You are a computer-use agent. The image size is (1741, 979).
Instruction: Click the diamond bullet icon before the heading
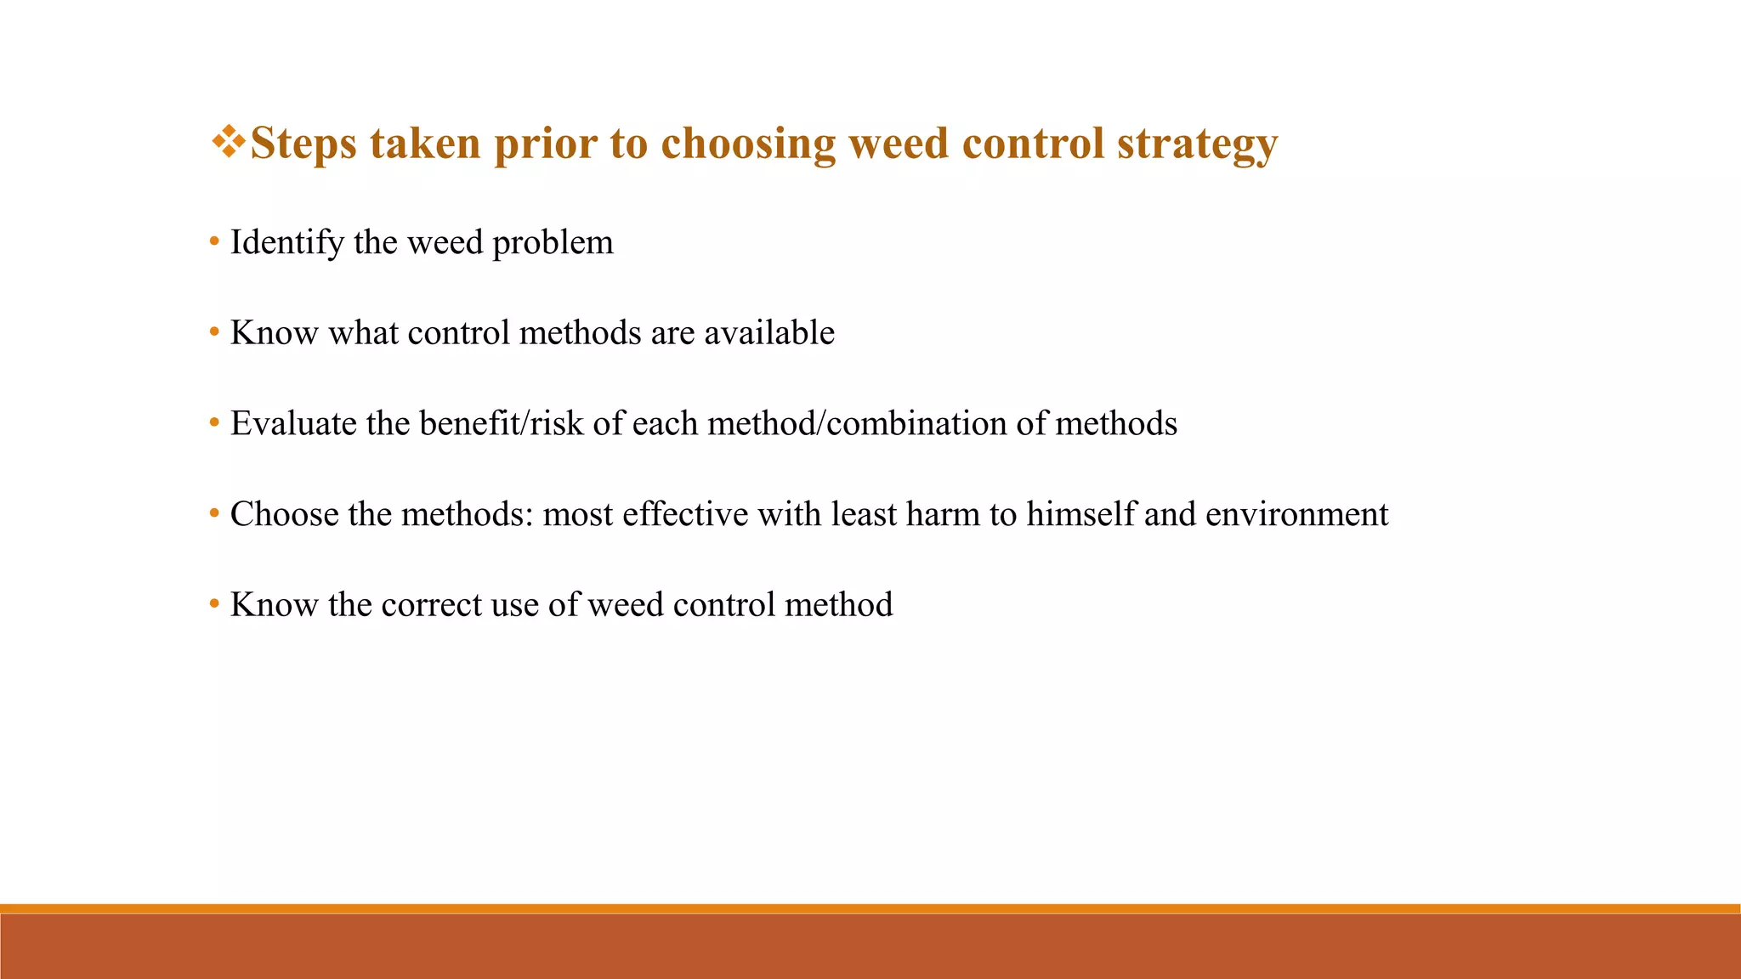(228, 141)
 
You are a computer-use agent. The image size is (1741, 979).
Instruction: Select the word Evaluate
(293, 424)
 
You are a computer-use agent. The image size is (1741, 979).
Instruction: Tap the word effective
(684, 515)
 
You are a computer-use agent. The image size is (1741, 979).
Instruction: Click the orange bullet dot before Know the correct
(214, 605)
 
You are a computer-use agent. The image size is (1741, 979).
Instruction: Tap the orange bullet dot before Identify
(214, 243)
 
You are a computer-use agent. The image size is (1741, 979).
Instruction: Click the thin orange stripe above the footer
(870, 908)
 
